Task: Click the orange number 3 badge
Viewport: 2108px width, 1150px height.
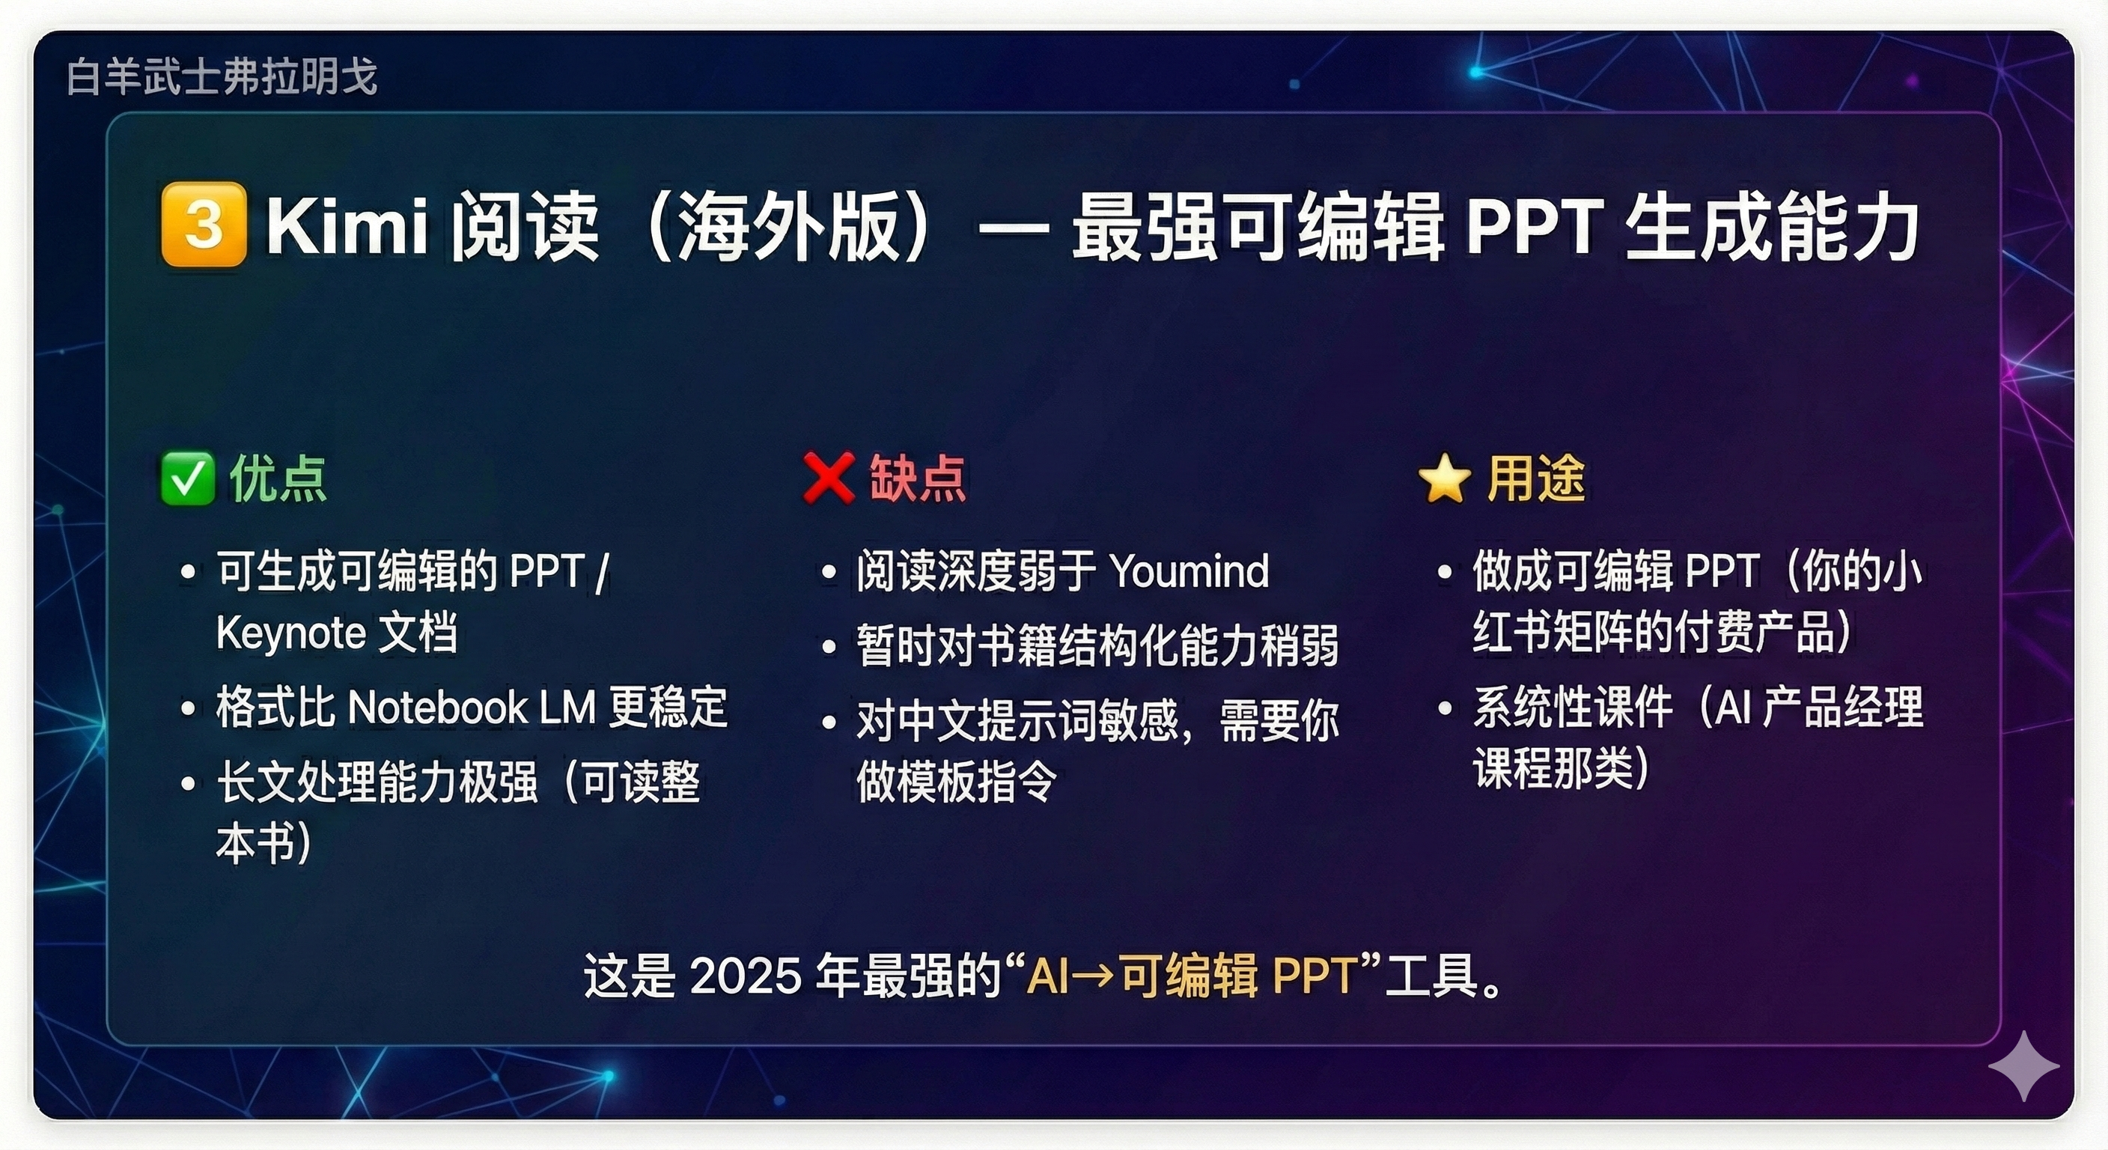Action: [204, 225]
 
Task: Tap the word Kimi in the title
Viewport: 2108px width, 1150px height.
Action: [347, 226]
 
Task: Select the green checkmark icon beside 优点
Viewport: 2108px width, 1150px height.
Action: [187, 479]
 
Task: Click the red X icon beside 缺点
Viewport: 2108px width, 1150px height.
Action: [829, 478]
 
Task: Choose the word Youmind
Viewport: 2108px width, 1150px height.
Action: [1189, 571]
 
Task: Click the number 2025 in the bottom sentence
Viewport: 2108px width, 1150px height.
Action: [746, 976]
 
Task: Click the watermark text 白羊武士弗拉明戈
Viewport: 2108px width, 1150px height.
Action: [222, 77]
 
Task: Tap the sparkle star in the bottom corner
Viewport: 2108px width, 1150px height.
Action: [2023, 1065]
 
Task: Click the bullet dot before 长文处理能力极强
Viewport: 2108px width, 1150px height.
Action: [188, 783]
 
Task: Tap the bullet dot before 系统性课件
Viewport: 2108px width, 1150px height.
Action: [1446, 708]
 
